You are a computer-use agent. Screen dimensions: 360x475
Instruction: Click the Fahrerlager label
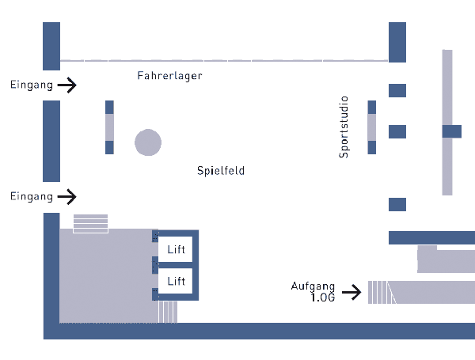pyautogui.click(x=169, y=76)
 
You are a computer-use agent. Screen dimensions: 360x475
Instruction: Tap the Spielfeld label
pyautogui.click(x=221, y=170)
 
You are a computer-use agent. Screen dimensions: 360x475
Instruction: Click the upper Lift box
pyautogui.click(x=176, y=250)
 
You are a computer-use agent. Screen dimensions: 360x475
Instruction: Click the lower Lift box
pyautogui.click(x=176, y=281)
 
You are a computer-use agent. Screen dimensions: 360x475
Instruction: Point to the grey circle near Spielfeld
pyautogui.click(x=148, y=142)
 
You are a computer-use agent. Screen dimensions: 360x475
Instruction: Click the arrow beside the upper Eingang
pyautogui.click(x=68, y=85)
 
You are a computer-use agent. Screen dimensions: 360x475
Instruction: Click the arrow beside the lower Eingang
pyautogui.click(x=68, y=195)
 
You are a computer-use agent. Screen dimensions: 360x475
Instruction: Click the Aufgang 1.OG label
pyautogui.click(x=313, y=292)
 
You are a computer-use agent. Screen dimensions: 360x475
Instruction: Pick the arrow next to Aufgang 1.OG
pyautogui.click(x=353, y=293)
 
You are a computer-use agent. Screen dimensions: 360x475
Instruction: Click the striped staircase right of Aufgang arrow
pyautogui.click(x=379, y=292)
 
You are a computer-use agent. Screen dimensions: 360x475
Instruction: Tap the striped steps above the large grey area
pyautogui.click(x=90, y=223)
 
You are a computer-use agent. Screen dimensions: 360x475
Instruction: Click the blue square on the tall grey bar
pyautogui.click(x=451, y=131)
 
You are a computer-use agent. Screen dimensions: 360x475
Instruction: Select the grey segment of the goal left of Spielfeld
pyautogui.click(x=110, y=127)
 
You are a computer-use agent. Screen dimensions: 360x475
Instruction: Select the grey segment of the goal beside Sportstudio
pyautogui.click(x=372, y=127)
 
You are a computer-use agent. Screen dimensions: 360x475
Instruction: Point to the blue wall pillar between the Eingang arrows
pyautogui.click(x=51, y=141)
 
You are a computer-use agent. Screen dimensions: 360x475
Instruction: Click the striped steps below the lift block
pyautogui.click(x=168, y=311)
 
